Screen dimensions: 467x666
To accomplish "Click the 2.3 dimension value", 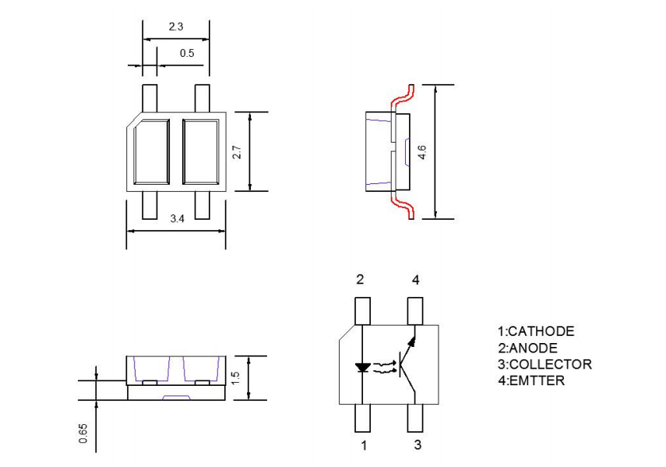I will (x=176, y=27).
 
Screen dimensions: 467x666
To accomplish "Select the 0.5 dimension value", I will (x=187, y=53).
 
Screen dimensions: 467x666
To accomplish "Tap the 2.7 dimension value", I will (x=238, y=151).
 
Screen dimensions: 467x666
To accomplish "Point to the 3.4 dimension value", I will (x=177, y=219).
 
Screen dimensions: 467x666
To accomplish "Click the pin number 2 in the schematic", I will (x=360, y=280).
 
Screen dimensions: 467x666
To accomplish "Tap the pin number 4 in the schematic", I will (x=416, y=280).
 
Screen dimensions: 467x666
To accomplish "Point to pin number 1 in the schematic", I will (x=363, y=446).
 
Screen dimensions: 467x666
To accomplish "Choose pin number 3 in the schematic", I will (x=418, y=445).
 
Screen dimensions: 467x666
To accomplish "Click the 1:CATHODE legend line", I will (x=536, y=331).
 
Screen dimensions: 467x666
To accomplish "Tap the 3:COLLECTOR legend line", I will (x=544, y=364).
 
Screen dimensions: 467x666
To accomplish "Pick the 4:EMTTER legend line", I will (x=531, y=380).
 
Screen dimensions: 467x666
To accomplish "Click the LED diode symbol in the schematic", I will (x=363, y=366).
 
